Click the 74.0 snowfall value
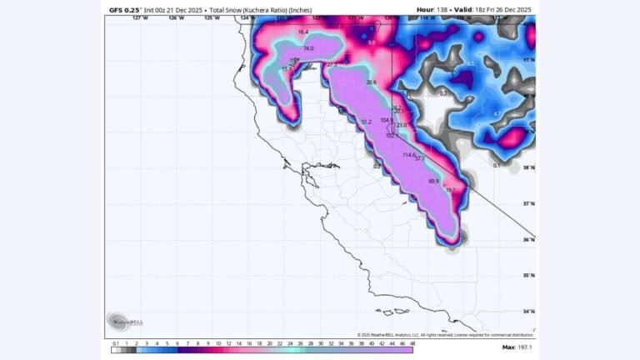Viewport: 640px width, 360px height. [x=308, y=49]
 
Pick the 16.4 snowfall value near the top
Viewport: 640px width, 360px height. [x=302, y=32]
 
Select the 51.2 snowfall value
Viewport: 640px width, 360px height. [x=365, y=122]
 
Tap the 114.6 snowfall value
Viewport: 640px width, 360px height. [x=408, y=155]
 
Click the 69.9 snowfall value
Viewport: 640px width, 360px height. [x=433, y=181]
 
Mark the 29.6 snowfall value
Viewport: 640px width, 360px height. [x=371, y=82]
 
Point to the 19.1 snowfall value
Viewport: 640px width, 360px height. [x=451, y=191]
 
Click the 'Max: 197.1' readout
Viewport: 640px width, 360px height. [x=518, y=347]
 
